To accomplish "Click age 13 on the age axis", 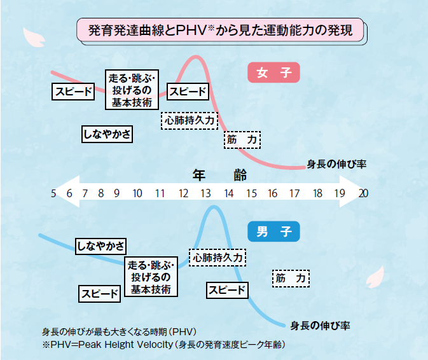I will point(205,194).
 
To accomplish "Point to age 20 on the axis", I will point(363,194).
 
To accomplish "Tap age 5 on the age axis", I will point(53,194).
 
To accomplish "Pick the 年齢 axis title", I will point(219,175).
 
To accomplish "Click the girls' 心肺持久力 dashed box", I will point(190,119).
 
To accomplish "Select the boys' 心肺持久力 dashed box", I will point(217,258).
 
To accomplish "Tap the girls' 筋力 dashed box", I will point(242,139).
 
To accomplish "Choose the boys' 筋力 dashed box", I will point(291,278).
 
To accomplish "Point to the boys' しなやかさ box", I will point(100,246).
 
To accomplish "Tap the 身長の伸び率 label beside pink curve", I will point(336,163).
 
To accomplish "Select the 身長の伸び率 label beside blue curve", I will point(321,325).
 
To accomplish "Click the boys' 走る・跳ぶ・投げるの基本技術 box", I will point(151,277).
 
